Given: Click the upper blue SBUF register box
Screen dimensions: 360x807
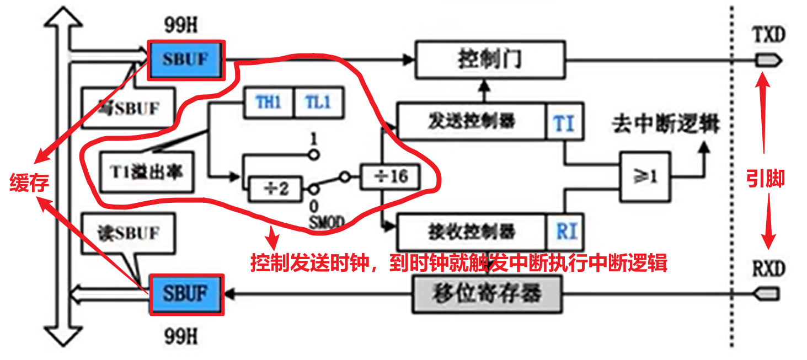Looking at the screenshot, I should [x=186, y=59].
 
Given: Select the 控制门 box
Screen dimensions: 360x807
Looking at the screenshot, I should [x=490, y=59].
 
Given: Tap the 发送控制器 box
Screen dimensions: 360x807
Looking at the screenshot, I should [x=471, y=122].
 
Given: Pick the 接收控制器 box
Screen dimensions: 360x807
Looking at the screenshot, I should [x=471, y=232].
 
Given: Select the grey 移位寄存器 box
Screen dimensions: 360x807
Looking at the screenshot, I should [x=487, y=294].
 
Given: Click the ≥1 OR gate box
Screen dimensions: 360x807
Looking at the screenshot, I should [x=644, y=177].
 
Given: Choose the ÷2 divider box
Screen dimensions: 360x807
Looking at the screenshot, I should [x=276, y=190].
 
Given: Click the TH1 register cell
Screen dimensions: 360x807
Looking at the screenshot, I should [x=269, y=103].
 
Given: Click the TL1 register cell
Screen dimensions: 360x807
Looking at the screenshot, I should [x=318, y=103].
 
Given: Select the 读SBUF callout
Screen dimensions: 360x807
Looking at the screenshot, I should [x=128, y=233].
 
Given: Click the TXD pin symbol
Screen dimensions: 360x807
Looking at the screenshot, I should [x=768, y=60].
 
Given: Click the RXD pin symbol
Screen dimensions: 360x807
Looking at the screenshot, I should [x=768, y=294].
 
